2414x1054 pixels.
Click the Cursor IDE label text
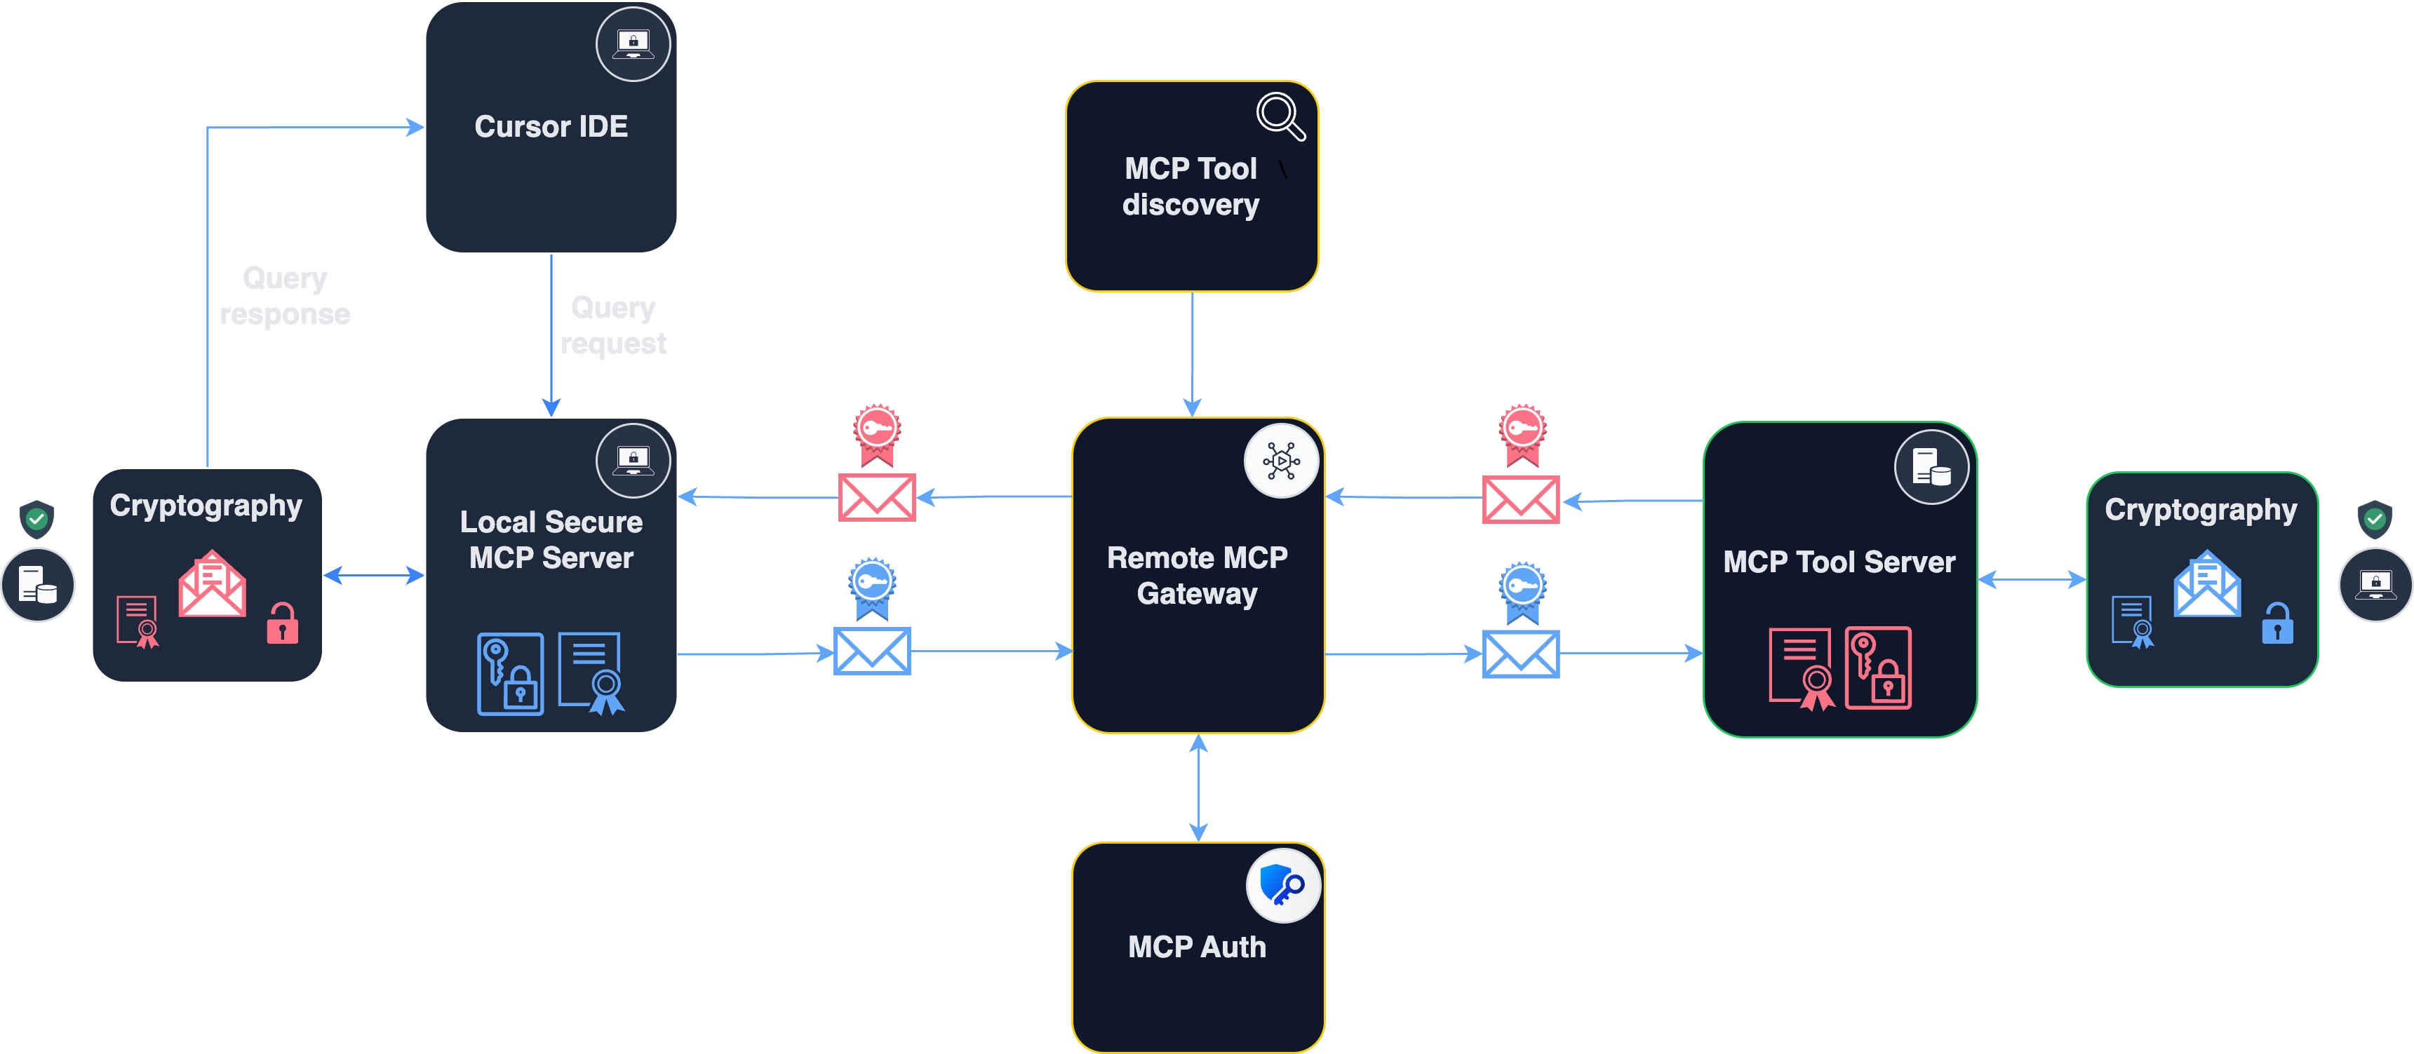pyautogui.click(x=551, y=126)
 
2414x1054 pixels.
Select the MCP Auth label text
pyautogui.click(x=1197, y=947)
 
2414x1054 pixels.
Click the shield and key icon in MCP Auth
pyautogui.click(x=1282, y=884)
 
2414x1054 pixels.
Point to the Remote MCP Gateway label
pyautogui.click(x=1197, y=575)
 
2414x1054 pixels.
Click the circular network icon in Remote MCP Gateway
pyautogui.click(x=1280, y=461)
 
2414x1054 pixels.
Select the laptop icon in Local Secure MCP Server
pyautogui.click(x=633, y=460)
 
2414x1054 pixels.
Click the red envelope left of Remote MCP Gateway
pyautogui.click(x=876, y=496)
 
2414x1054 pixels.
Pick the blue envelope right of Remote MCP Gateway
pyautogui.click(x=1520, y=653)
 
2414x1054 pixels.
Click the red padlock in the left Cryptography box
pyautogui.click(x=282, y=623)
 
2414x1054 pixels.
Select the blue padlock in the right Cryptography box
pyautogui.click(x=2277, y=623)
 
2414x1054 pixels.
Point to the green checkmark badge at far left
pyautogui.click(x=36, y=518)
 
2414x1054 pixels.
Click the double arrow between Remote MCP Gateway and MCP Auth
pyautogui.click(x=1198, y=787)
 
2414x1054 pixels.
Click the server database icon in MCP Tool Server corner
pyautogui.click(x=1931, y=466)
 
